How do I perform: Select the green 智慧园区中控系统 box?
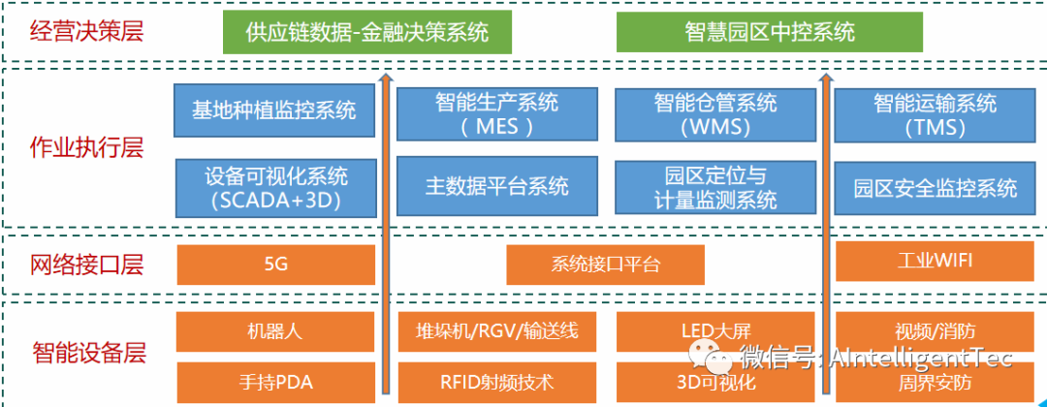pos(770,32)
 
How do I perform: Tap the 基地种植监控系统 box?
pos(275,110)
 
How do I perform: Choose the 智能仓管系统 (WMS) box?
pos(715,113)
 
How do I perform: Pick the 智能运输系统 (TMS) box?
pos(934,113)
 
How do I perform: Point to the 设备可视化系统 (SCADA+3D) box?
pos(275,188)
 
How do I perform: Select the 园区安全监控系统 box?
pos(935,188)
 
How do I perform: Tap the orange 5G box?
pos(275,265)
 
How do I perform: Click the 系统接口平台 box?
pos(605,265)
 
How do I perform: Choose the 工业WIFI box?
pos(935,261)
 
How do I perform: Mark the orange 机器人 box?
pos(275,331)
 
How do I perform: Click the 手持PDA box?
pos(275,381)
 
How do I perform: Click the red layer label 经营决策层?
pos(86,31)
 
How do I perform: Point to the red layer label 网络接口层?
pos(86,264)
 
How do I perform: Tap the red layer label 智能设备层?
pos(86,353)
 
